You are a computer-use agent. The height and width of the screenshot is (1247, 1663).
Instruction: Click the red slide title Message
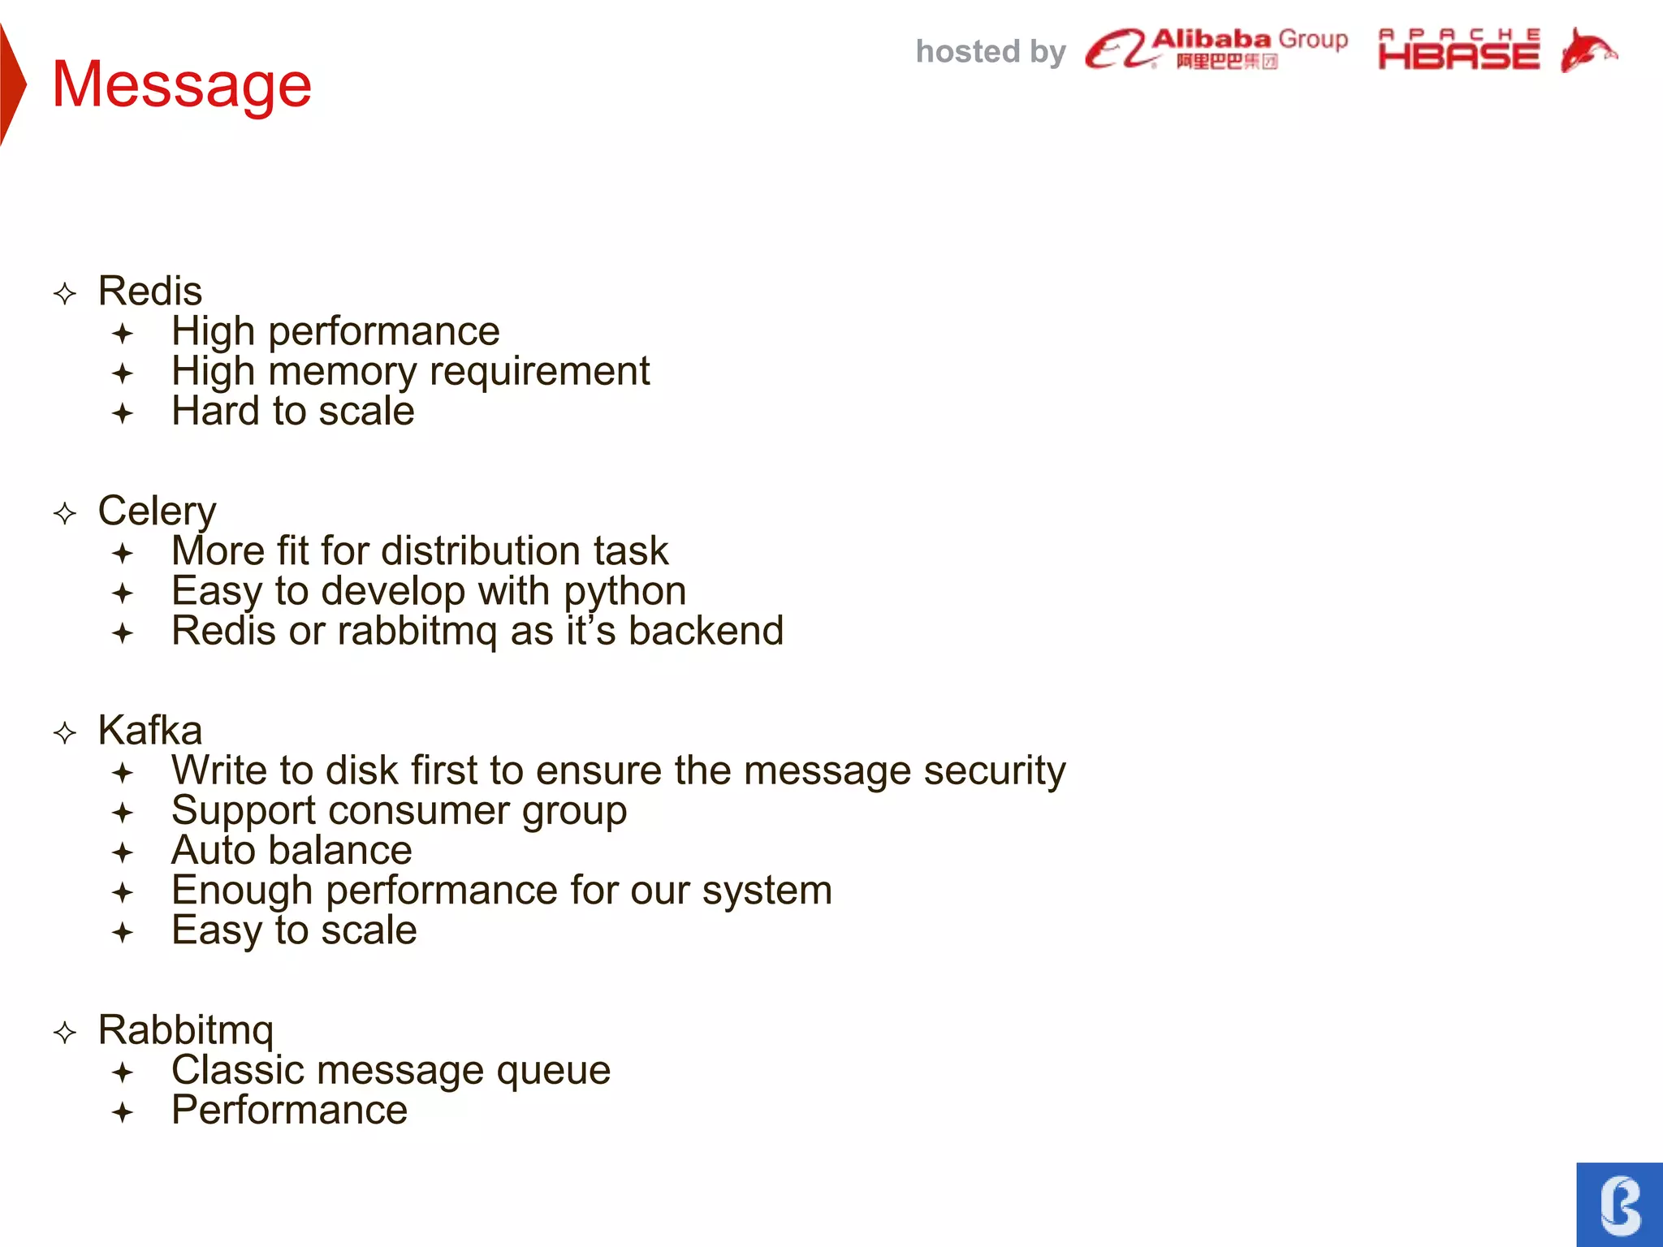coord(181,84)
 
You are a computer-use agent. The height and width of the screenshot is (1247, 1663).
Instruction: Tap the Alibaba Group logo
coord(1216,50)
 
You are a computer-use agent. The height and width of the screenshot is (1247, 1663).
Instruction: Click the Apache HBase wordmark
coord(1458,50)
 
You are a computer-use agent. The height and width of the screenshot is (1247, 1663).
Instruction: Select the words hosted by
coord(990,52)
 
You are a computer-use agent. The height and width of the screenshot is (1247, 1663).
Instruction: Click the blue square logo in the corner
coord(1619,1204)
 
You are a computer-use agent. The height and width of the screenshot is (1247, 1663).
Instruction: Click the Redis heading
coord(149,291)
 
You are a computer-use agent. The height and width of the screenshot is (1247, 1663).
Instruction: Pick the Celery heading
coord(157,511)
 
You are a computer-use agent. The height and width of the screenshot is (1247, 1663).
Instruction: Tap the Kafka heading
coord(149,730)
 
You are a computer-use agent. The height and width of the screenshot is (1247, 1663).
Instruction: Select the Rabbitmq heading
coord(186,1030)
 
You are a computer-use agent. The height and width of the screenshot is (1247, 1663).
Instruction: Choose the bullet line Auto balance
coord(292,850)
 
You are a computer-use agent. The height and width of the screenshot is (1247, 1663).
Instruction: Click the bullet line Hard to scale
coord(292,411)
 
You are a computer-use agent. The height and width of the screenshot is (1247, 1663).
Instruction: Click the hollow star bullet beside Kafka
coord(65,733)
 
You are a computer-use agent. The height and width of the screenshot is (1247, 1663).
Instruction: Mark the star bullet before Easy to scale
coord(123,932)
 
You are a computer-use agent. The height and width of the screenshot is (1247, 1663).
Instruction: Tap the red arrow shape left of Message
coord(11,84)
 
